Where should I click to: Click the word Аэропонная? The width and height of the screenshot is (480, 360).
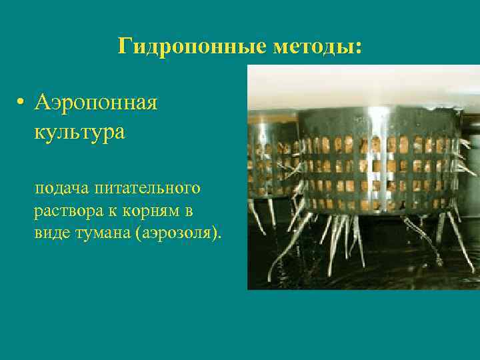tap(96, 103)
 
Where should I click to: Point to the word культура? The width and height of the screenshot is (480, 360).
tap(79, 131)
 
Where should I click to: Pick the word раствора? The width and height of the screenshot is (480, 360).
tap(66, 212)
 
